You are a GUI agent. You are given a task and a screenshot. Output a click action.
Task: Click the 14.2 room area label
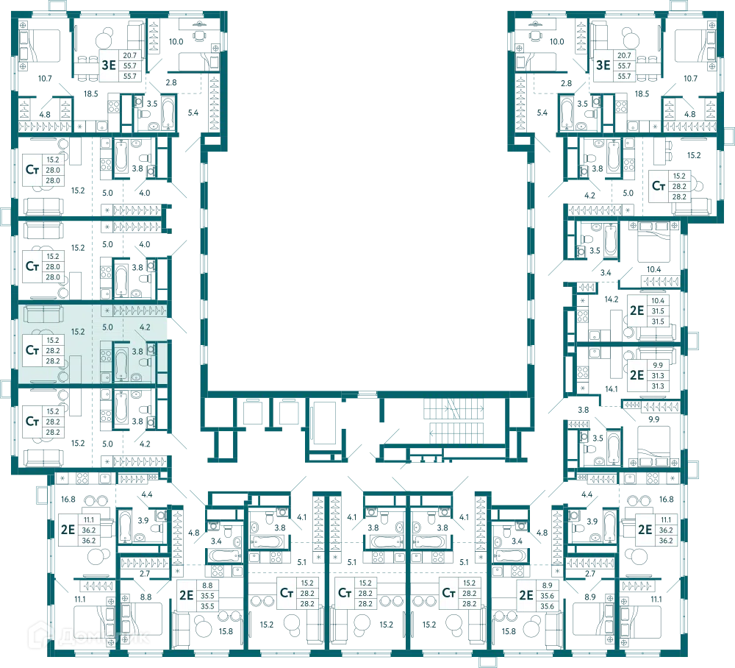pyautogui.click(x=612, y=299)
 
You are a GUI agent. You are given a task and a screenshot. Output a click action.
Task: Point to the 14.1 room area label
pyautogui.click(x=612, y=389)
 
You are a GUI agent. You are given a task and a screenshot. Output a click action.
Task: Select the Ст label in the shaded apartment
pyautogui.click(x=32, y=350)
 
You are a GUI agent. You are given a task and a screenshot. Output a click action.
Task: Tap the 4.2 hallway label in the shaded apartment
pyautogui.click(x=145, y=327)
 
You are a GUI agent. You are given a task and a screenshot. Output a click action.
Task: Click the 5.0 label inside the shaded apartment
pyautogui.click(x=107, y=327)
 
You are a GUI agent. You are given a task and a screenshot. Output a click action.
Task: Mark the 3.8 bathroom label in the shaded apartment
pyautogui.click(x=137, y=352)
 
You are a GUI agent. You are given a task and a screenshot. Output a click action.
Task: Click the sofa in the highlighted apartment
pyautogui.click(x=43, y=315)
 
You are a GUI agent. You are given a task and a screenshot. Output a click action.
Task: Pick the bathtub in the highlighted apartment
pyautogui.click(x=121, y=364)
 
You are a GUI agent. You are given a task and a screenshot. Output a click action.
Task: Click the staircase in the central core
pyautogui.click(x=455, y=422)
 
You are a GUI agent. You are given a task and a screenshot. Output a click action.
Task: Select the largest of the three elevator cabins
pyautogui.click(x=325, y=423)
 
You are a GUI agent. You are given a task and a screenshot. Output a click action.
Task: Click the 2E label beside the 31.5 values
pyautogui.click(x=637, y=311)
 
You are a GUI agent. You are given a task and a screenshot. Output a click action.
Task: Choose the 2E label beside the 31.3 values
pyautogui.click(x=637, y=376)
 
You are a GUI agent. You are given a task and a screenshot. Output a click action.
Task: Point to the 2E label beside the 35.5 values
pyautogui.click(x=187, y=595)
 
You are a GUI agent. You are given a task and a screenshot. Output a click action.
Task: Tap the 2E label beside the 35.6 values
pyautogui.click(x=526, y=595)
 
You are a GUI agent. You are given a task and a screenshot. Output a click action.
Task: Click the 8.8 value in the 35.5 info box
pyautogui.click(x=207, y=586)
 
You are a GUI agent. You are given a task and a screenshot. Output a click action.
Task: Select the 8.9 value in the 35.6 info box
pyautogui.click(x=547, y=586)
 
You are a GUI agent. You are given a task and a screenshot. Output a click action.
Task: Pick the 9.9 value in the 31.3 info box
pyautogui.click(x=658, y=366)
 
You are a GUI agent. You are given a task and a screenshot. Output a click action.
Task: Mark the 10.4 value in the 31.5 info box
pyautogui.click(x=658, y=301)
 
